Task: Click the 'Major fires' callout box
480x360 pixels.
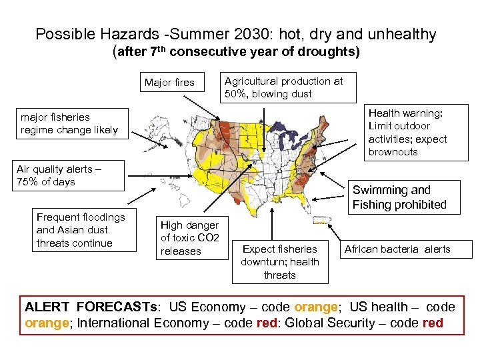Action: click(x=169, y=83)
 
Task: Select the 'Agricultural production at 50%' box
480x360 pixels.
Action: click(x=289, y=87)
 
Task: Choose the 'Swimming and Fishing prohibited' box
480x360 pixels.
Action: click(x=399, y=197)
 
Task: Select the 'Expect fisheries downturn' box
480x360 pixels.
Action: click(x=280, y=262)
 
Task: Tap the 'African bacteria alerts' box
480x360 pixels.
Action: click(x=407, y=249)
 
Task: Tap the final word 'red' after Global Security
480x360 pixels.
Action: click(x=432, y=323)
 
